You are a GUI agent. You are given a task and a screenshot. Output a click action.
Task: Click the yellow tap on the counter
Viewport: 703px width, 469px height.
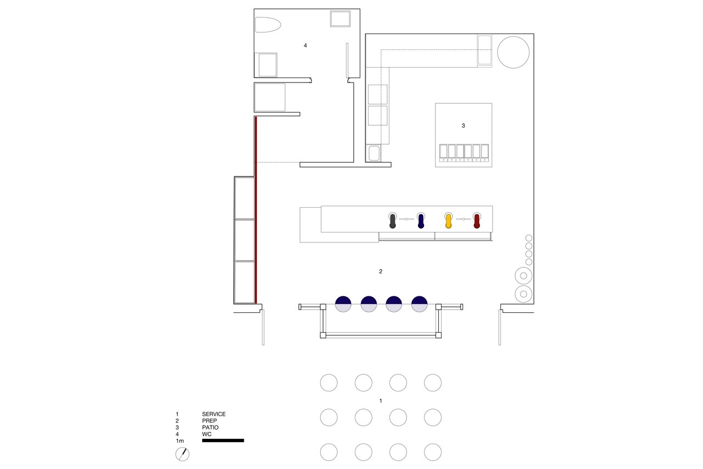449,220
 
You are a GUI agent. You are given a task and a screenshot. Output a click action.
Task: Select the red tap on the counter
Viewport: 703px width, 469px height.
477,220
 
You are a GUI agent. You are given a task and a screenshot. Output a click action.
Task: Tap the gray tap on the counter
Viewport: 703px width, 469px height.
392,220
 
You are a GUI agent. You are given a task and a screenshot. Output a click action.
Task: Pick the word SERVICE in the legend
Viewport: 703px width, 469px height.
214,414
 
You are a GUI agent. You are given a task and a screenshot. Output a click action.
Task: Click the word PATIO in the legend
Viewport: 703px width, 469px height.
210,428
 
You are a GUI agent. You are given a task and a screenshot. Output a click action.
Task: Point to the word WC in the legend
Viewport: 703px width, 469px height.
207,434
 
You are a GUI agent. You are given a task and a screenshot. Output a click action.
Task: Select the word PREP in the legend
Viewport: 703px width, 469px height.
209,421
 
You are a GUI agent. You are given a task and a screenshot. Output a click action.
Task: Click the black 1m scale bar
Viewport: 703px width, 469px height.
223,440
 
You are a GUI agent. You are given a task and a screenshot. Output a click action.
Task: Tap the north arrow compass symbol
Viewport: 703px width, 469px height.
182,454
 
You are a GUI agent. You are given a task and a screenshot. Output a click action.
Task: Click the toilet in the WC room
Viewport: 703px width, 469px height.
267,25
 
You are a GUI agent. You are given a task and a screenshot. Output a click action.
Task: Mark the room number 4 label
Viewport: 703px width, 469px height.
305,46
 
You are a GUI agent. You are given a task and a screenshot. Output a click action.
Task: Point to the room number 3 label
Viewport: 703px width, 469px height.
463,126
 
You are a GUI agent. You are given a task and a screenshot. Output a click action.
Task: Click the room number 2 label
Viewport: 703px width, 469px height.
381,272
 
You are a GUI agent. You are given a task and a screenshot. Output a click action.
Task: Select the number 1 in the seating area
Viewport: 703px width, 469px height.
381,401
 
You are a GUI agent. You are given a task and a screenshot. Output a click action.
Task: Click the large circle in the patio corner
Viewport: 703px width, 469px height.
514,52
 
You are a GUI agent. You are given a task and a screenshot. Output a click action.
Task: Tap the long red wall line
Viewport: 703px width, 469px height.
256,210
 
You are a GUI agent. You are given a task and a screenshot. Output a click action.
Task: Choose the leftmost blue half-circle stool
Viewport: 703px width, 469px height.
343,304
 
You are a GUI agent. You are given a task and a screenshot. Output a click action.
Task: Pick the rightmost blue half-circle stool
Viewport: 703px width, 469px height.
419,304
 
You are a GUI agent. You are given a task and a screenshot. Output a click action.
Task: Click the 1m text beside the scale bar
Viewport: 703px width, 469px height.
180,441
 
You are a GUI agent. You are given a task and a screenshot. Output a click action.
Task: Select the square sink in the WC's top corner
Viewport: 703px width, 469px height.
341,19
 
